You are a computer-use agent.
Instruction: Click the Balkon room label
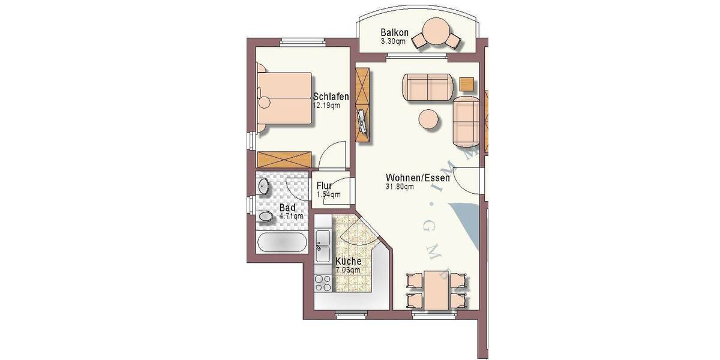coord(395,32)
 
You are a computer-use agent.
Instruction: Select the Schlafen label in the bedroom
coord(331,97)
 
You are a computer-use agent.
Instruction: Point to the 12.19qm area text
coord(326,106)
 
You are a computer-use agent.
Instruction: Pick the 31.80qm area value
coord(400,187)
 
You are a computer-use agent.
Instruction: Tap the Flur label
coord(325,185)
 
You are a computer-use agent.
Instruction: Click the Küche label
coord(348,262)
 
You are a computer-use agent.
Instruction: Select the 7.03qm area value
coord(348,271)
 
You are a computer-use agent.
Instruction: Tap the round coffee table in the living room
coord(430,119)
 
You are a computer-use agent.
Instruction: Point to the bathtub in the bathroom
coord(283,242)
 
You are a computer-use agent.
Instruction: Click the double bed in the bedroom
coord(285,99)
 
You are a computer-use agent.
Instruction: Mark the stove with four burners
coord(323,282)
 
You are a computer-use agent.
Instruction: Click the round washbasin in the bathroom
coord(264,187)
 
